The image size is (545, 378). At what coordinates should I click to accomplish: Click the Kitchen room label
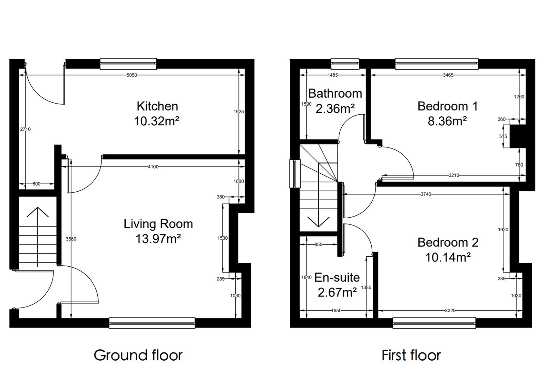coord(157,106)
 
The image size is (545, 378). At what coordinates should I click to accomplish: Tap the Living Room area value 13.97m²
coord(158,239)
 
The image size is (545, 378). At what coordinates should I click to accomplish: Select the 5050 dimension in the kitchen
coord(132,75)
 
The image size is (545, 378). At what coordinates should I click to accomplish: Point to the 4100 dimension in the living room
coord(153,167)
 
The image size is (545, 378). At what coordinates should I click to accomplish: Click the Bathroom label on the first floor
coord(335,93)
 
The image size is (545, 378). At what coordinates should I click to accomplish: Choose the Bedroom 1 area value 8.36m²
coord(447,121)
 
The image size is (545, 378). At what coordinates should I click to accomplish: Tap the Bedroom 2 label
coord(448,242)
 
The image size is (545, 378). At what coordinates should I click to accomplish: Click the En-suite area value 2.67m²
coord(337,292)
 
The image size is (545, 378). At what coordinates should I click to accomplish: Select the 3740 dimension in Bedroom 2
coord(426,194)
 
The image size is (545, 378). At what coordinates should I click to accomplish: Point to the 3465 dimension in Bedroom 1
coord(448,75)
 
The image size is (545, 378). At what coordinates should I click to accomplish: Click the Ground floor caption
coord(138,355)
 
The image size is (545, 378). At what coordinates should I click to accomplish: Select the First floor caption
coord(411,355)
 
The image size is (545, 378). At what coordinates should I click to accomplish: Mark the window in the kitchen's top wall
coord(128,64)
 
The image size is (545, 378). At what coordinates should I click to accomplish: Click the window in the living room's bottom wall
coord(152,323)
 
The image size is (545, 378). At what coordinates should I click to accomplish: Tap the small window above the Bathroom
coord(345,64)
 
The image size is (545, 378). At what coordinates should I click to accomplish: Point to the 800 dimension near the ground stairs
coord(36,184)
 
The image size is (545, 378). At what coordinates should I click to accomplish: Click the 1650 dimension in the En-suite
coord(336,311)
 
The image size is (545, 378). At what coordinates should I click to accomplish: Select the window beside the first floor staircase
coord(295,174)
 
